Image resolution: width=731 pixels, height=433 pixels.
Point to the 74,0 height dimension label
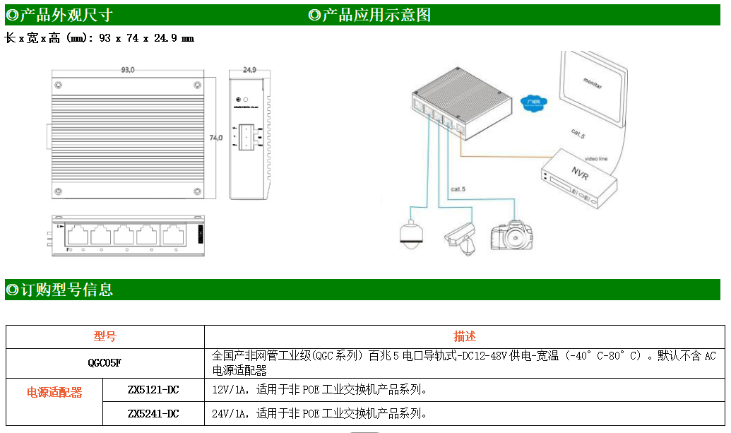pos(215,138)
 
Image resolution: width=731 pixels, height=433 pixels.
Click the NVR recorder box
pos(579,180)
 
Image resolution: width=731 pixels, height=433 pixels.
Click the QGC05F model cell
pos(105,363)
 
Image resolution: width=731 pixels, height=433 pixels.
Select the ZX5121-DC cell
pos(153,389)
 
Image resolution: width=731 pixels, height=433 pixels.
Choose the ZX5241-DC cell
pos(153,414)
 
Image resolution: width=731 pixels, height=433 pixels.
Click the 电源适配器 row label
pos(54,393)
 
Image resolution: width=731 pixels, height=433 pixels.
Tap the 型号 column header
pos(105,337)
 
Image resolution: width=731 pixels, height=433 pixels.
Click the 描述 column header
pos(464,337)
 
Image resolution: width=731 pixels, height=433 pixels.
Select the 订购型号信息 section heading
pos(60,290)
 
